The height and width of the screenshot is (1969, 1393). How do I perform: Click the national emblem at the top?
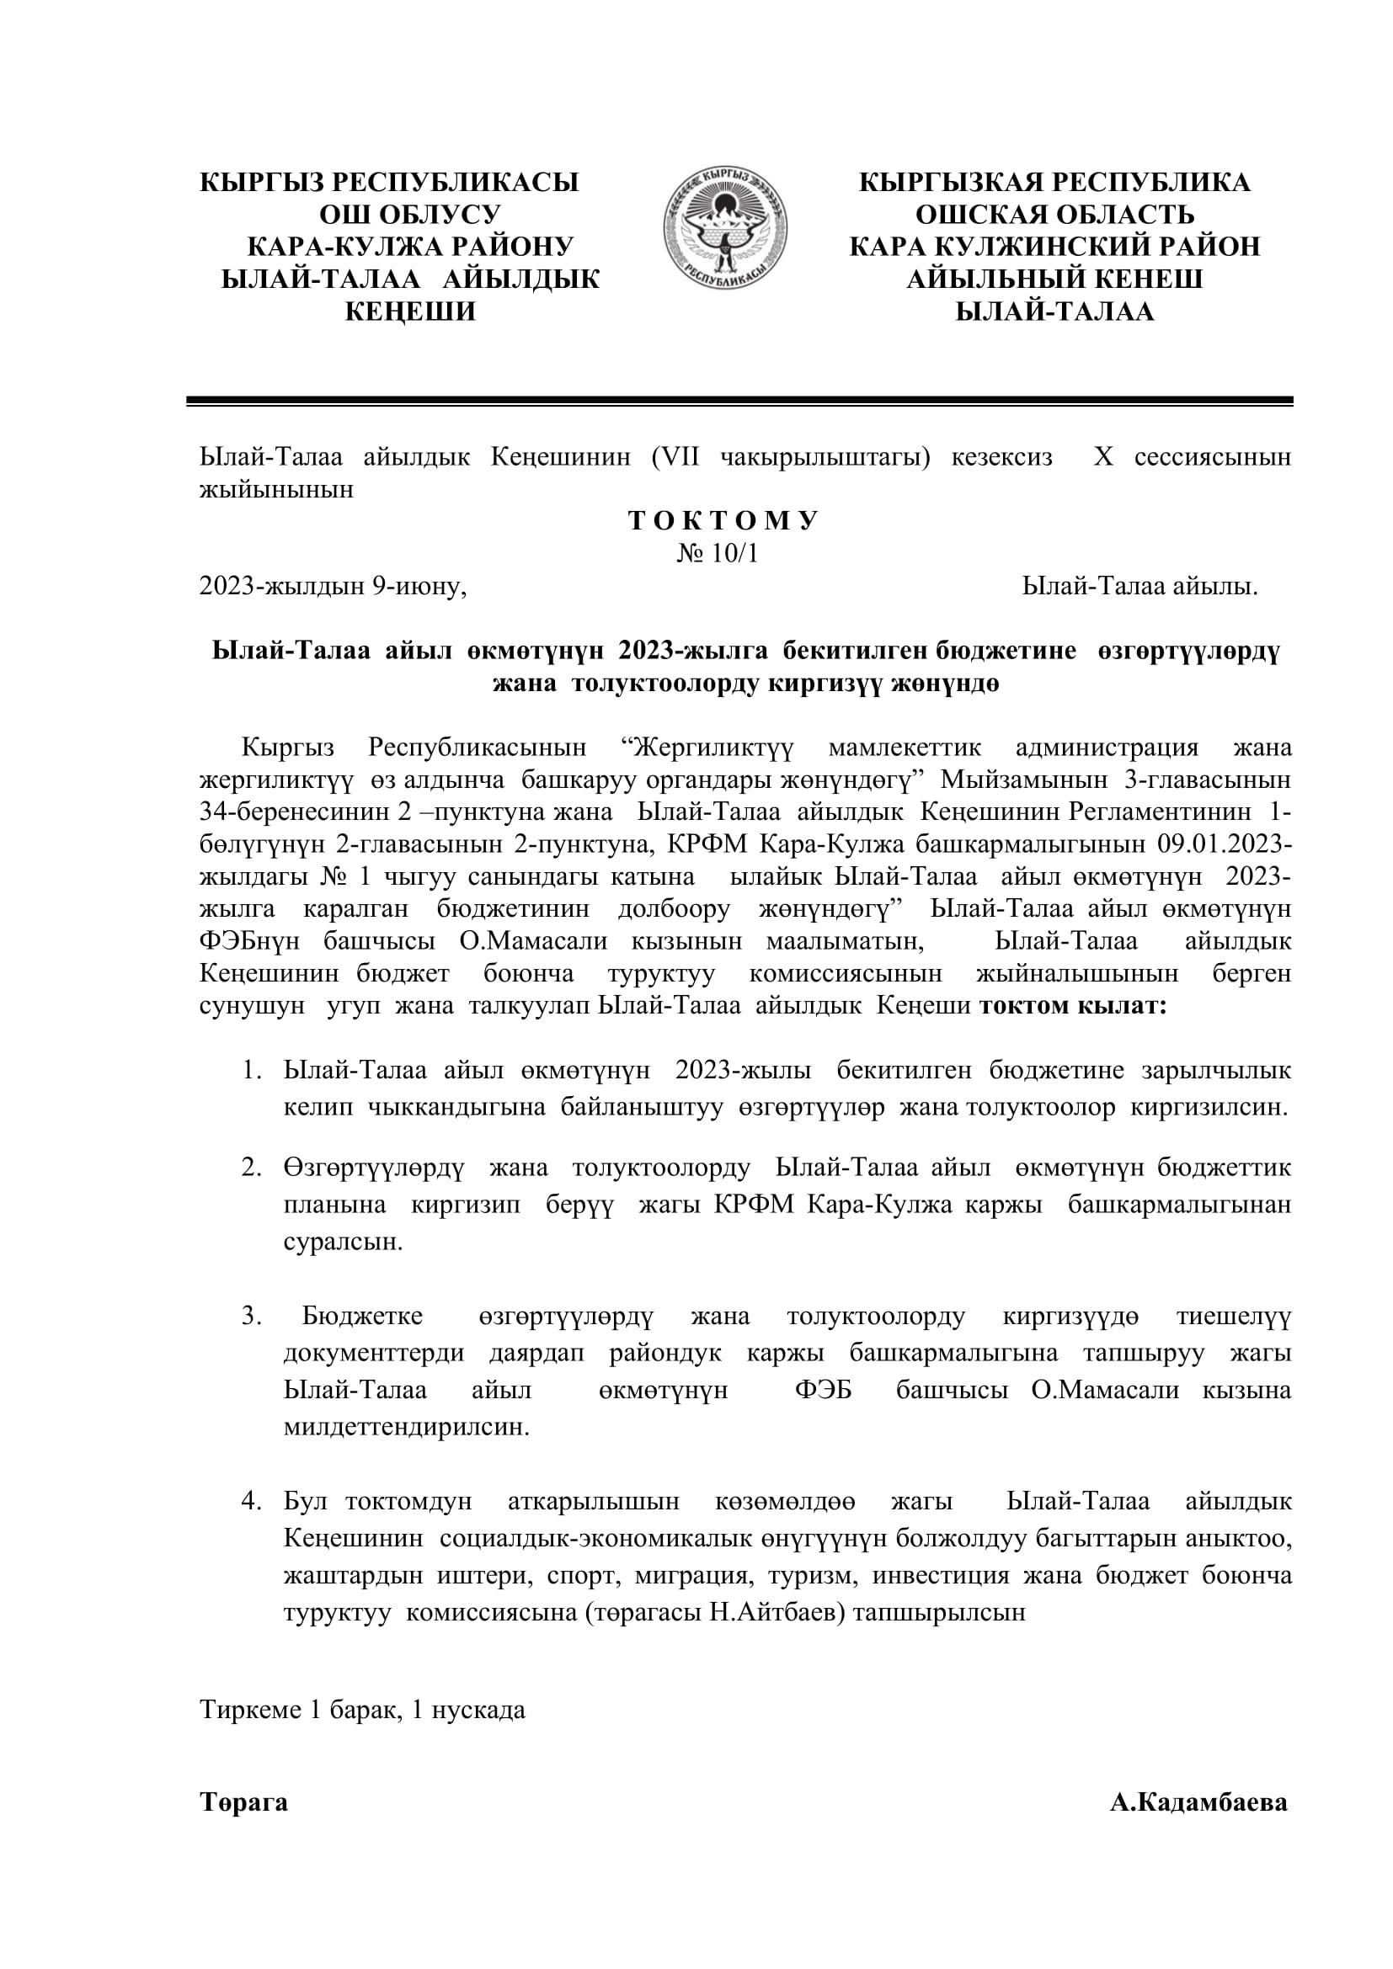pyautogui.click(x=725, y=228)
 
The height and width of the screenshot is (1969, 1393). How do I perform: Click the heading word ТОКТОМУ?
pyautogui.click(x=723, y=521)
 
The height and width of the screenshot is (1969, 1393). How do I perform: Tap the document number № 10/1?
pyautogui.click(x=717, y=554)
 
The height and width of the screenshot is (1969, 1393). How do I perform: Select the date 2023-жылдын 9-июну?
pyautogui.click(x=333, y=587)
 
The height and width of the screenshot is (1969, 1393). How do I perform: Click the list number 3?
pyautogui.click(x=251, y=1317)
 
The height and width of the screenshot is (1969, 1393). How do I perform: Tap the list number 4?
pyautogui.click(x=251, y=1501)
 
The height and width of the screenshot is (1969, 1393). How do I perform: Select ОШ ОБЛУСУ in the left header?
pyautogui.click(x=410, y=215)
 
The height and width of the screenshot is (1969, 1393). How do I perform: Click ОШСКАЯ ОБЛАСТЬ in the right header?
pyautogui.click(x=1054, y=215)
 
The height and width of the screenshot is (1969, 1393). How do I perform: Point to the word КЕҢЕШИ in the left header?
pyautogui.click(x=410, y=311)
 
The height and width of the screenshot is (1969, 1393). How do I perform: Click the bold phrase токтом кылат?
pyautogui.click(x=1073, y=1006)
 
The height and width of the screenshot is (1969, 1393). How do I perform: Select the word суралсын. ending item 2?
pyautogui.click(x=343, y=1242)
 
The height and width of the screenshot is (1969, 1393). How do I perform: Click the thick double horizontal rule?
pyautogui.click(x=739, y=401)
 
